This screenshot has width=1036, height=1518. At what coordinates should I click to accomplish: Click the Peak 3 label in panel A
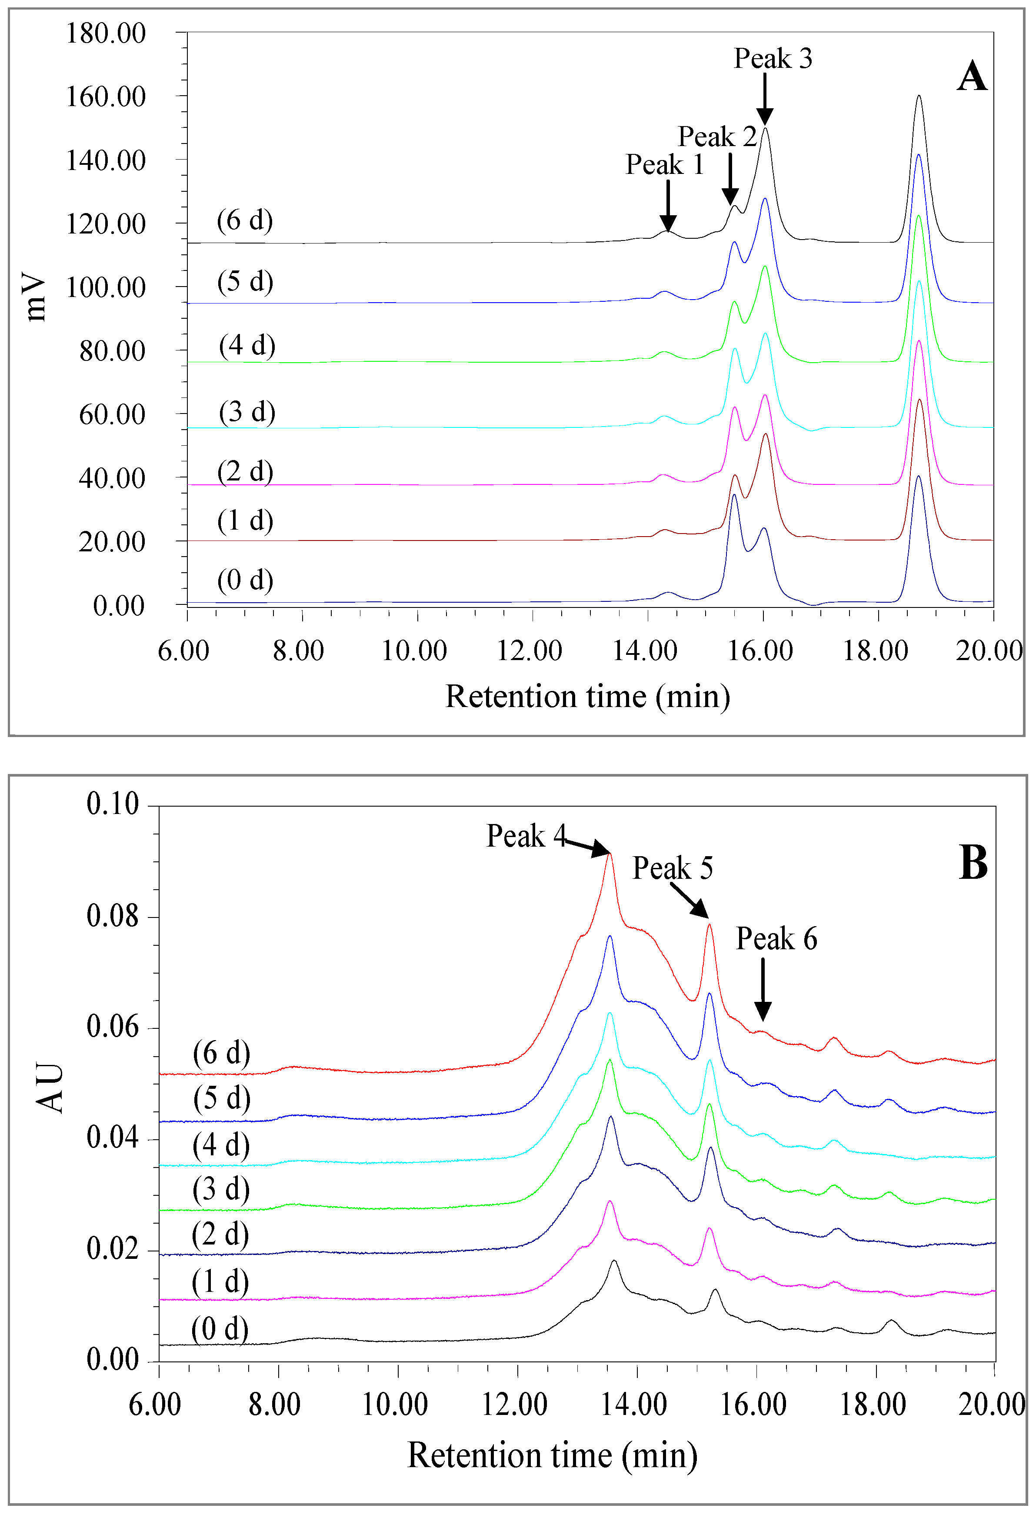tap(773, 59)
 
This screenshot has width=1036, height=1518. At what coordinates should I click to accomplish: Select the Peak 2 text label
tap(716, 137)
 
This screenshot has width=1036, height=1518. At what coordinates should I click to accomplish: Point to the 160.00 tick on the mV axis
tap(106, 97)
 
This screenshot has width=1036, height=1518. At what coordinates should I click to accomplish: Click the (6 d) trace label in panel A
tap(245, 220)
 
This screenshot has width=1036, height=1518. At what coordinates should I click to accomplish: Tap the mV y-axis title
tap(36, 297)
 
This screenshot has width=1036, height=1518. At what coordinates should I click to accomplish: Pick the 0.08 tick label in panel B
tap(112, 917)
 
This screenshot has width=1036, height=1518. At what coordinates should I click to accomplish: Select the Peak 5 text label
tap(672, 868)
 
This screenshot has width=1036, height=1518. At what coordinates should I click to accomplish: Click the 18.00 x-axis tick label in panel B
tap(873, 1405)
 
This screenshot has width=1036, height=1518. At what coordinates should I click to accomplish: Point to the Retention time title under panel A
tap(587, 696)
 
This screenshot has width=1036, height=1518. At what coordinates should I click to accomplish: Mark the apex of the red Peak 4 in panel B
tap(610, 854)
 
